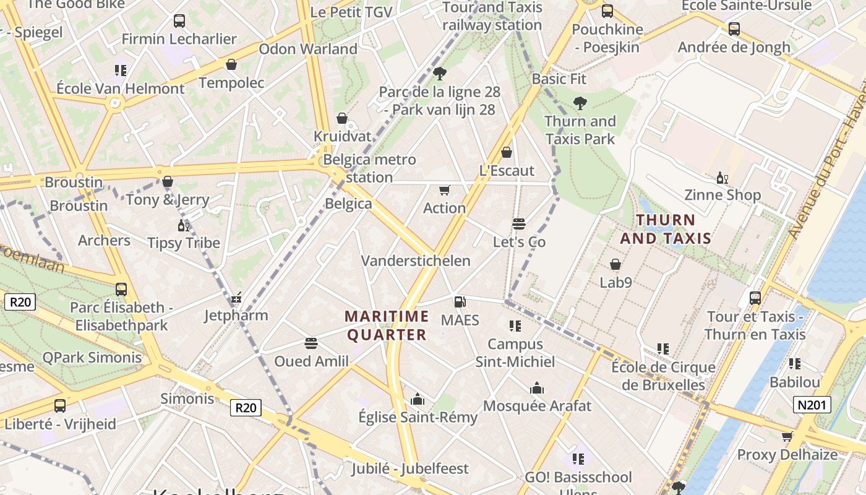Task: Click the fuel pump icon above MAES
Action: [x=460, y=302]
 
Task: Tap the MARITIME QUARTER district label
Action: [x=387, y=325]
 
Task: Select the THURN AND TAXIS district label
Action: [x=666, y=229]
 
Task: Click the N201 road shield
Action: [x=811, y=405]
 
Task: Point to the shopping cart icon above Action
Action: [x=444, y=190]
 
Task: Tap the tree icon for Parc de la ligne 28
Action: [x=440, y=74]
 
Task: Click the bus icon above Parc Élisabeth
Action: [x=121, y=289]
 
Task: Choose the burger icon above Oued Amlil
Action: [x=311, y=343]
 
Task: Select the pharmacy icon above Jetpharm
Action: [x=236, y=299]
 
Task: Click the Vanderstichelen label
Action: [x=416, y=260]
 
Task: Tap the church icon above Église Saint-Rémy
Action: [x=418, y=399]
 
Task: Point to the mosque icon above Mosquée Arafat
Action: [x=537, y=388]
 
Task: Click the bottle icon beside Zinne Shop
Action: [x=722, y=178]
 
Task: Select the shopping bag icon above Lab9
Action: [x=615, y=265]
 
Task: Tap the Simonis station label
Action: [x=187, y=398]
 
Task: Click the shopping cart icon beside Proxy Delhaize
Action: [x=787, y=437]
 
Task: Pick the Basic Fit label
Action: [x=559, y=79]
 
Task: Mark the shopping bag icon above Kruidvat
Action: [x=342, y=118]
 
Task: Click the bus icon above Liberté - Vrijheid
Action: [x=60, y=406]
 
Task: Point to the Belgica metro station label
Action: [x=369, y=168]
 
